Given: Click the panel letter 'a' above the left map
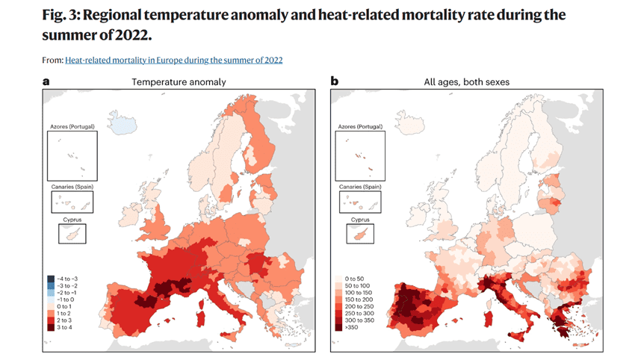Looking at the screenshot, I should (x=46, y=81).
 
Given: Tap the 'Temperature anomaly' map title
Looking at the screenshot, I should (x=179, y=82).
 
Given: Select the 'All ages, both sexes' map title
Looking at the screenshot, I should (x=467, y=82).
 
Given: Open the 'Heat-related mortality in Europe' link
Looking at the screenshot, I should (x=174, y=59).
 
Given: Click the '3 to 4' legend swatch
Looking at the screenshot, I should (x=52, y=327).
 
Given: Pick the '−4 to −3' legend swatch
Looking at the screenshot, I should (x=52, y=279).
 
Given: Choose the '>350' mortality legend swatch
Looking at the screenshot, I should (x=340, y=327).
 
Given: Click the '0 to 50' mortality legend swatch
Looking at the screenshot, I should (x=340, y=278).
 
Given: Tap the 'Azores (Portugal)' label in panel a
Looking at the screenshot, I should (x=72, y=128).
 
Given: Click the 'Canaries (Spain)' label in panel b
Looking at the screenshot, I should (x=360, y=186).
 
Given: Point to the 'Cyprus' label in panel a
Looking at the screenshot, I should (x=72, y=220).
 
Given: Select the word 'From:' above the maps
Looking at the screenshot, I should (x=52, y=59).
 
